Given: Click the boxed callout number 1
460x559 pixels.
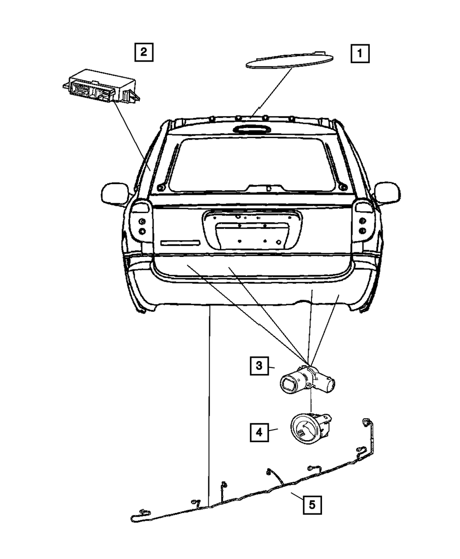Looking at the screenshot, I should click(360, 53).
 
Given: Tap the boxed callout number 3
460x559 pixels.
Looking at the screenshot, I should click(259, 366).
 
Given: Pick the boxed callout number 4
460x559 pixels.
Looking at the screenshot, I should click(259, 432).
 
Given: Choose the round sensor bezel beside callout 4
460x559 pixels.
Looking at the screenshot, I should click(306, 429).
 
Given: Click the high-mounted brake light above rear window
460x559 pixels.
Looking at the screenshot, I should click(251, 129).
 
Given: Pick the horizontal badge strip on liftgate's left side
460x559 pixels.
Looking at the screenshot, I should click(180, 243).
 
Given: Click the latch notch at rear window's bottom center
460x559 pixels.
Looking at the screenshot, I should click(267, 188).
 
